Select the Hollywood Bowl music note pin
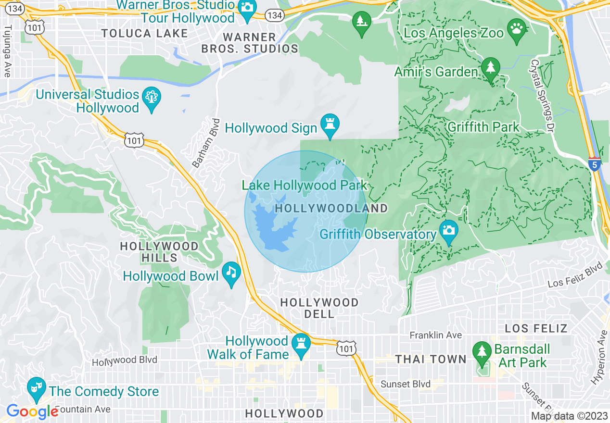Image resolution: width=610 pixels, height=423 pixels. [231, 274]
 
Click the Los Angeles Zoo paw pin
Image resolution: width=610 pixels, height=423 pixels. [517, 30]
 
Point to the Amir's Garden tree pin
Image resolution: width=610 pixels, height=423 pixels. [490, 69]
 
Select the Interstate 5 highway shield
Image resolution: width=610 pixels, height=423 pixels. [595, 164]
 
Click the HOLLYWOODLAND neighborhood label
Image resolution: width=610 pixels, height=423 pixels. [331, 208]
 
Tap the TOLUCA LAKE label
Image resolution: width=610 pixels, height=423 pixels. [144, 33]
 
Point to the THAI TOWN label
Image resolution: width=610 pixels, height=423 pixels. [431, 359]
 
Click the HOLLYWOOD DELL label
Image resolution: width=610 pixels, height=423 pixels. [319, 308]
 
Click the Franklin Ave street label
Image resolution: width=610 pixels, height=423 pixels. [435, 335]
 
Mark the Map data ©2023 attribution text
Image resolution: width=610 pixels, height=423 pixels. [570, 416]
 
